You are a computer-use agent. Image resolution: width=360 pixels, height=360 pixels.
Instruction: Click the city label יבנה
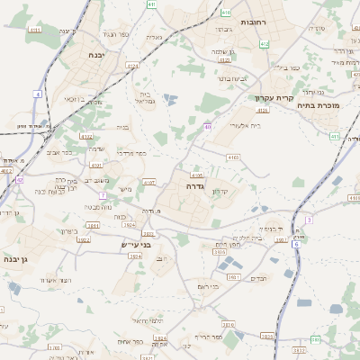(95, 55)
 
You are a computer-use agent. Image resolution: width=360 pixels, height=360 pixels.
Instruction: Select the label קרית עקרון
(268, 97)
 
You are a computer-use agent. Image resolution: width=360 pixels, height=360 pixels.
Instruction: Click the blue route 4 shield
(37, 94)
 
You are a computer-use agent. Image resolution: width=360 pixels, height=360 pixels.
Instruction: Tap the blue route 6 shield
(295, 244)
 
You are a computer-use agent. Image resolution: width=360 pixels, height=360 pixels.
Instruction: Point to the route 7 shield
(103, 194)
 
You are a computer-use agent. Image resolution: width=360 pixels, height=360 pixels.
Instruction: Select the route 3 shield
(308, 219)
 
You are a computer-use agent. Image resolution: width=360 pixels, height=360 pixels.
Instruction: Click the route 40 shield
(207, 128)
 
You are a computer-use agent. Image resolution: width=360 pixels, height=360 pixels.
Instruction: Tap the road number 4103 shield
(233, 157)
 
